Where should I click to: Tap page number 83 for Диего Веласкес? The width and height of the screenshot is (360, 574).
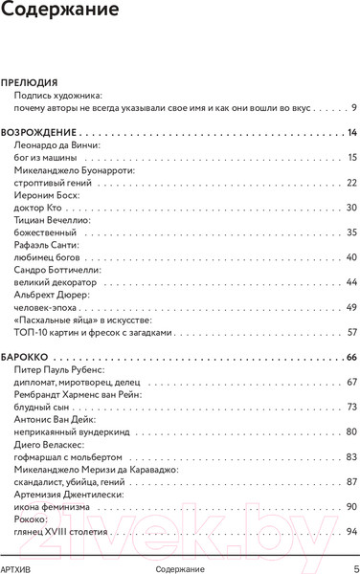[351, 456]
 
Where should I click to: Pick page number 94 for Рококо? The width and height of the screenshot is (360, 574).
[351, 531]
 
